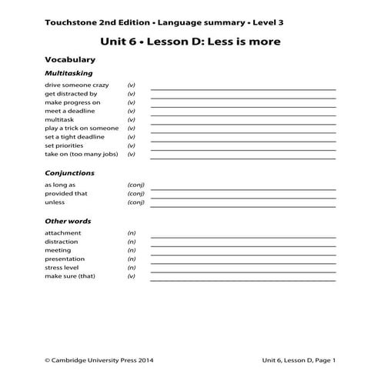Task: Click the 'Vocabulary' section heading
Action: [69, 59]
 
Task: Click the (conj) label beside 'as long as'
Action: [135, 185]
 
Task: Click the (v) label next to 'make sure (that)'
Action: [132, 276]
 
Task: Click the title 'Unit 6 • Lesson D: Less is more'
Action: [190, 40]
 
